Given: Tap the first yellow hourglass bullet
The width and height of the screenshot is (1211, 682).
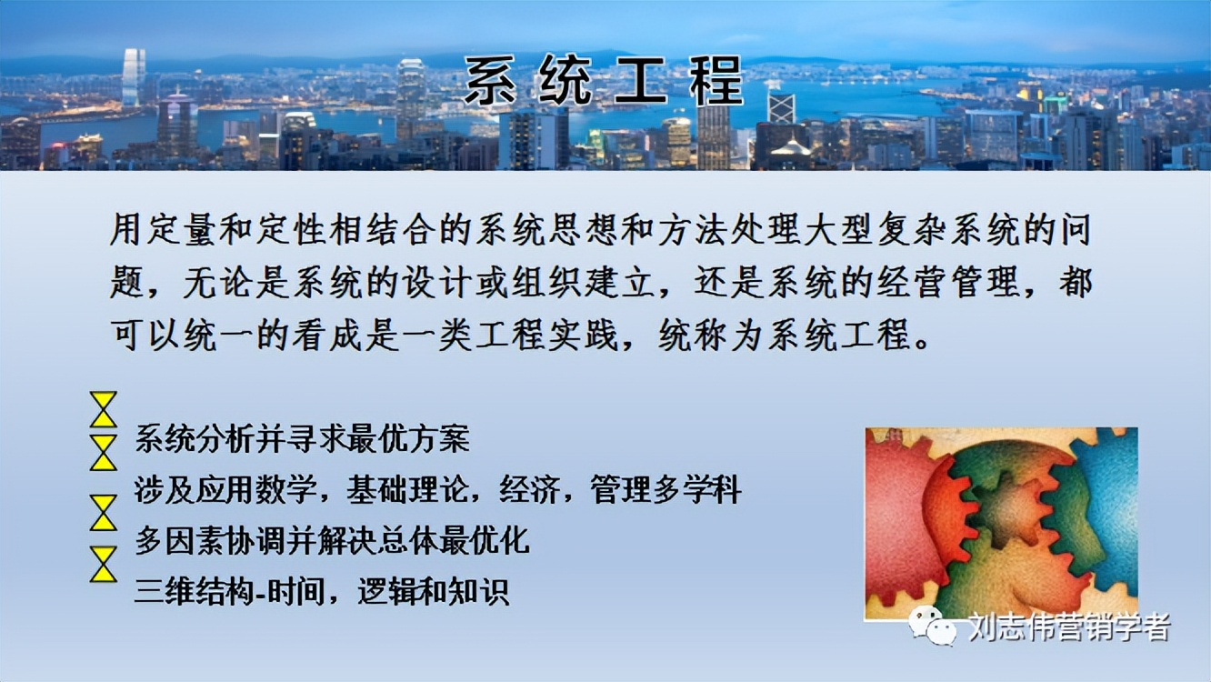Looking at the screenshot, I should [x=104, y=409].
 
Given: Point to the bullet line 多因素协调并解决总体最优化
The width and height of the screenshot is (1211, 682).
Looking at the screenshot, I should [x=332, y=541].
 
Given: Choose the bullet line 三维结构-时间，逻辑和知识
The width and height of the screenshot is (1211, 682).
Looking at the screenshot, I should [x=321, y=592].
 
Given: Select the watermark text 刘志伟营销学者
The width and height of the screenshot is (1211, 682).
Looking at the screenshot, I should [x=1068, y=627].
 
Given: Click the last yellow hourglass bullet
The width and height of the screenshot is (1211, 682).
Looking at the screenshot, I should [x=104, y=564].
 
